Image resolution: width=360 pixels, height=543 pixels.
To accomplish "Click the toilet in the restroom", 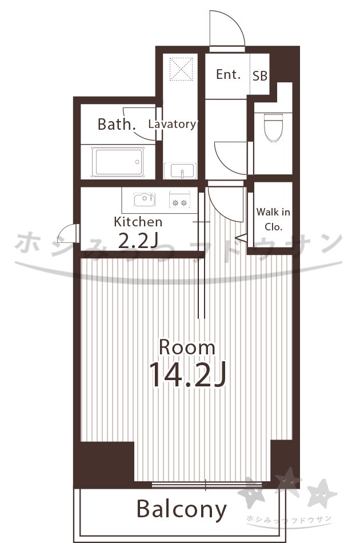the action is pos(274,127).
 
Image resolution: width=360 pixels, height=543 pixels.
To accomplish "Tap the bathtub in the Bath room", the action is pos(118,162).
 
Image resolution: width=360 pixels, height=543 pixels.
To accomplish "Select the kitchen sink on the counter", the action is pos(145,199).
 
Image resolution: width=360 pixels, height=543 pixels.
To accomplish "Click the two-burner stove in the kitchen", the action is pos(179,200).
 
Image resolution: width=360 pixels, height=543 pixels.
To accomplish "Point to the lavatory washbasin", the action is pos(180,170).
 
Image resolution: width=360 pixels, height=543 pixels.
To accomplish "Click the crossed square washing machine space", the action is pos(181,69).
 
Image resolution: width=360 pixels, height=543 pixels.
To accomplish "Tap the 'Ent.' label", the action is pos(228,74).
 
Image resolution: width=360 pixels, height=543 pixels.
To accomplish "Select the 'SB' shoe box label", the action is pos(259,76).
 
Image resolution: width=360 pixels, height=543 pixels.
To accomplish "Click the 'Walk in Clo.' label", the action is pos(273,219).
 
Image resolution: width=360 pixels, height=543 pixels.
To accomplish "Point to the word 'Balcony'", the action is pos(182,510).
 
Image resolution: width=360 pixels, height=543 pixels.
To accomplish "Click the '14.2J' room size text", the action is pos(187,375).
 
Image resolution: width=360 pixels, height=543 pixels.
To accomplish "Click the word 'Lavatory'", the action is pos(172,124).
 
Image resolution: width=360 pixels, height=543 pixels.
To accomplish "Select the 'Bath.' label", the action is pos(117,125).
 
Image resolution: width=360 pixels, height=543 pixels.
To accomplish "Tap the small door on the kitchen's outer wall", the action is pos(68,233).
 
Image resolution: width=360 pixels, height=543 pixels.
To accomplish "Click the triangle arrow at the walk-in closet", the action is pos(241,238).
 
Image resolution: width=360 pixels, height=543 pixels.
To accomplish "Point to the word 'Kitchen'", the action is pos(138,222).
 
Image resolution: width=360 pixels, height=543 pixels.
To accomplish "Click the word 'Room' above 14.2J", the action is pos(187,348).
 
